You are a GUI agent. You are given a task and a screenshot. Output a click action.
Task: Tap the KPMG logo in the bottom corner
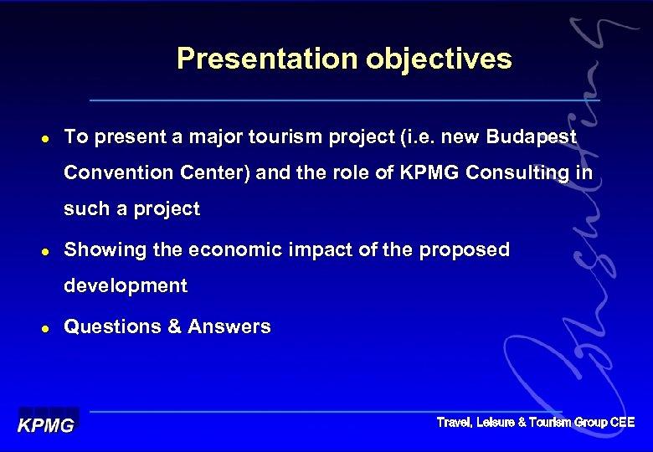click(47, 424)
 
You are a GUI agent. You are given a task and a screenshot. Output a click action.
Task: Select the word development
click(126, 286)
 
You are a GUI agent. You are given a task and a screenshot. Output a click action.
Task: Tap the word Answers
click(229, 327)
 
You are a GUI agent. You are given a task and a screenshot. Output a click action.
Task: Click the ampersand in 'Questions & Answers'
click(174, 327)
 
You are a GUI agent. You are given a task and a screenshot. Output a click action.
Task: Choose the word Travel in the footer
click(454, 423)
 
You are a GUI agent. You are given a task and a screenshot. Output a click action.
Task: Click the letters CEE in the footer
click(622, 423)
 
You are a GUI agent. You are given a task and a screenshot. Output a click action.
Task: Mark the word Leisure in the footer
click(496, 423)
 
